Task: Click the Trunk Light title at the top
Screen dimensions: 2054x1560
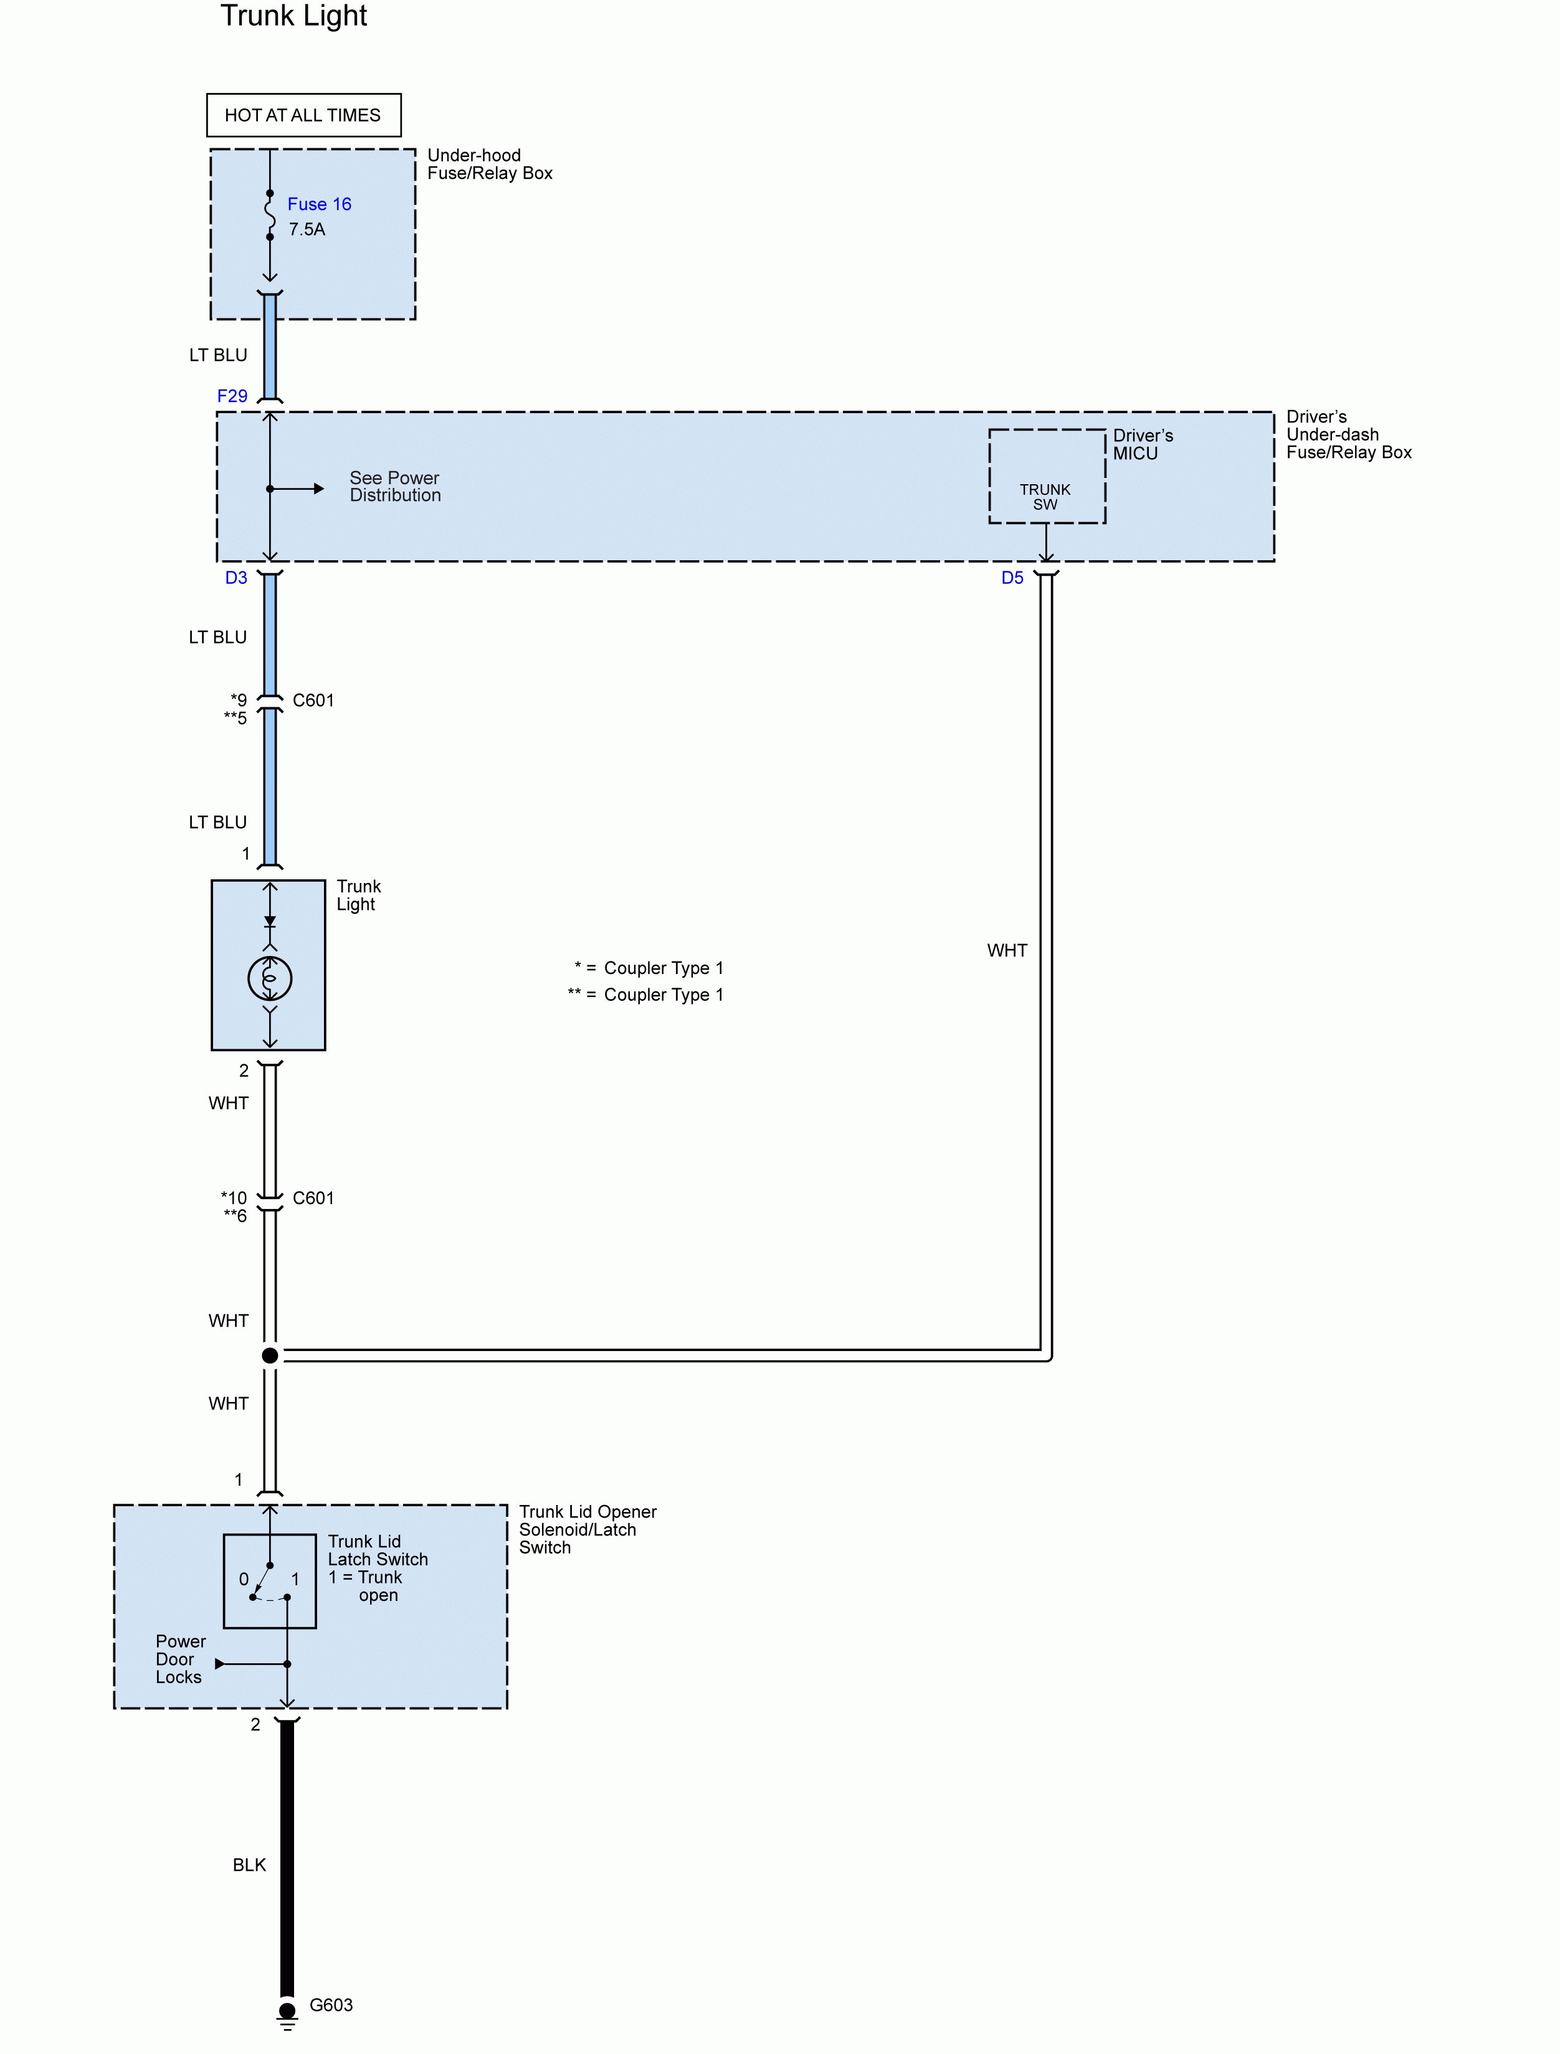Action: pos(293,17)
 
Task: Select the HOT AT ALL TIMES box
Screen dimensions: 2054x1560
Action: pos(303,115)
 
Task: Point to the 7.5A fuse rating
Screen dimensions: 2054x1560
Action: pos(307,229)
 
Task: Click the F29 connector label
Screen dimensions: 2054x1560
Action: pos(232,396)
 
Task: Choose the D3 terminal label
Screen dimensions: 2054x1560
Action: pos(236,578)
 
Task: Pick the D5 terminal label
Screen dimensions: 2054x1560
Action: pos(1012,578)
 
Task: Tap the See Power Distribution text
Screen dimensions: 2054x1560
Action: pos(394,487)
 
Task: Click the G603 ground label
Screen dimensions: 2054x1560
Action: pos(331,2005)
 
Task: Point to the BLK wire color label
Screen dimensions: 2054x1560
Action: pos(249,1865)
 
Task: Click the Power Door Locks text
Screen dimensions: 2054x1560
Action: pos(180,1660)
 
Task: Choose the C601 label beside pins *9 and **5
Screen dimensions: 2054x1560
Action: pos(313,700)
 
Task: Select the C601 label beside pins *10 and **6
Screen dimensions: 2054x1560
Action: pos(313,1198)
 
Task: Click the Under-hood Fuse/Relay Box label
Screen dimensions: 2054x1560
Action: pos(489,165)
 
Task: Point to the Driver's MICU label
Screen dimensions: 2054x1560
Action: pos(1142,445)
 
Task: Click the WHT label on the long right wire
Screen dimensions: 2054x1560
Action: pos(1007,950)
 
